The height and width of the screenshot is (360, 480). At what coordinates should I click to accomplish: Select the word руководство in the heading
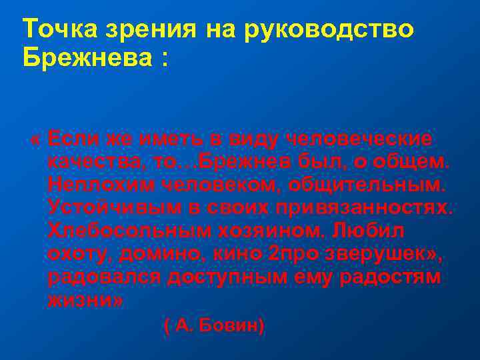coord(331,31)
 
